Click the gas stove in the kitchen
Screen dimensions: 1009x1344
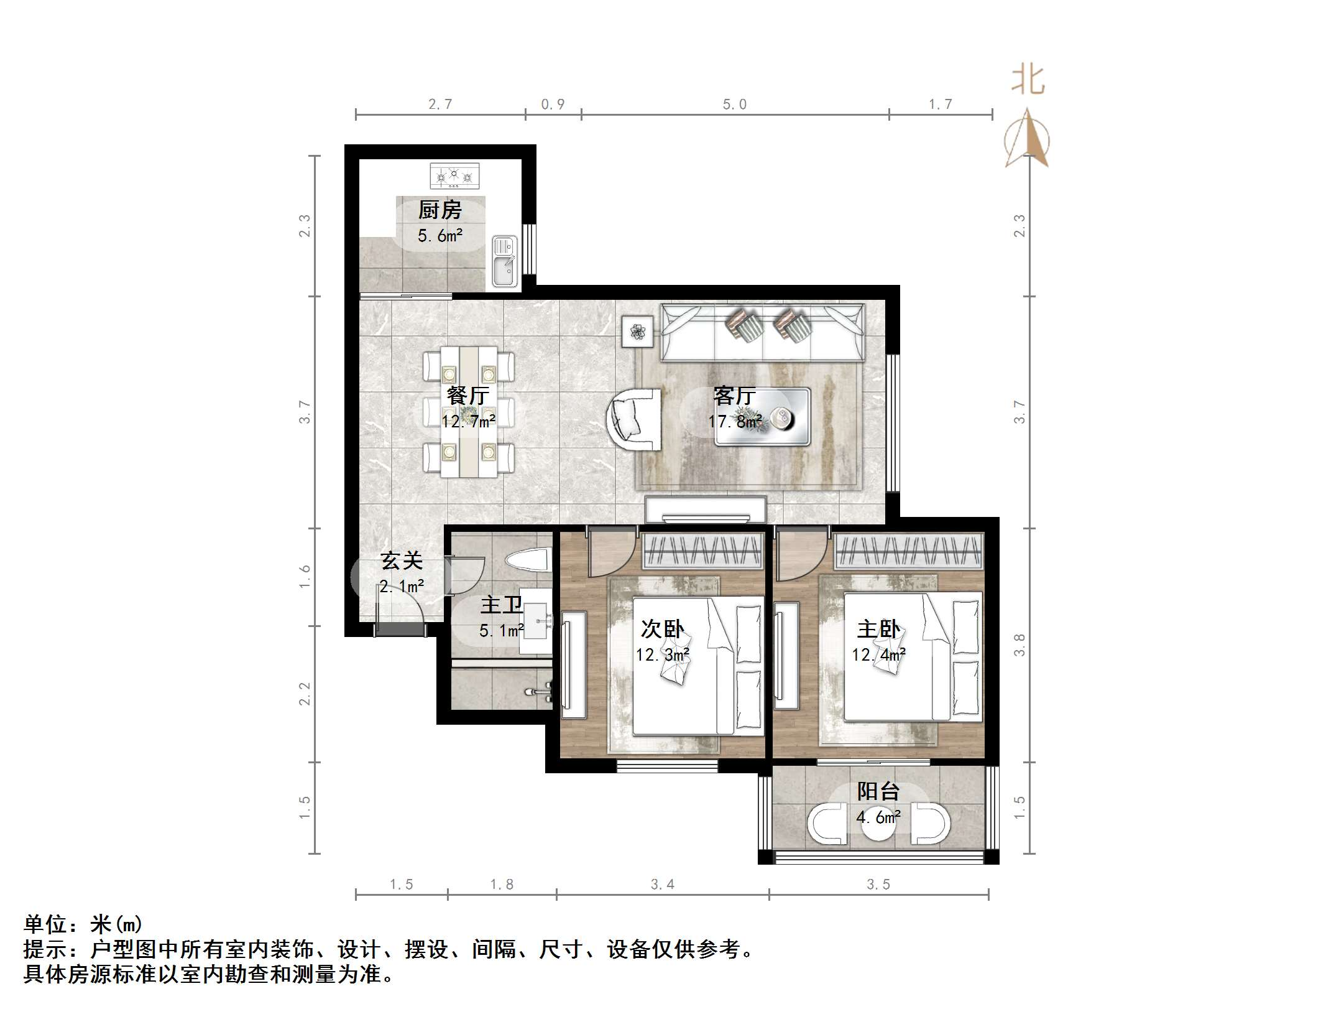[x=455, y=176]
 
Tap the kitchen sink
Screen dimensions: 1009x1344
[x=505, y=261]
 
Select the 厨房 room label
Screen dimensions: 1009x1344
[x=440, y=210]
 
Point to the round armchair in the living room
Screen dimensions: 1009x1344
[x=634, y=419]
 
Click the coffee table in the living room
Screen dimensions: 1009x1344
[x=762, y=417]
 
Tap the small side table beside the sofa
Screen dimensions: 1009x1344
[x=638, y=332]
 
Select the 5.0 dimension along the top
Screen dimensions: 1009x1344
[x=734, y=105]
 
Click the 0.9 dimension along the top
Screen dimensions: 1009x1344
[x=553, y=105]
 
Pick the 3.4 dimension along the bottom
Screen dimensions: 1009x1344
[x=662, y=884]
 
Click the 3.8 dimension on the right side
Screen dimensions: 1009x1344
[x=1019, y=645]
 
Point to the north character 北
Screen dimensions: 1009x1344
[x=1028, y=81]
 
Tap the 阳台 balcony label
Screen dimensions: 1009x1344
[x=878, y=791]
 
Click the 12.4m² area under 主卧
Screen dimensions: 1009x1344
[x=878, y=654]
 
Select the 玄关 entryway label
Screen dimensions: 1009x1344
[x=402, y=561]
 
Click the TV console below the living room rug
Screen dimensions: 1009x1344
[x=706, y=510]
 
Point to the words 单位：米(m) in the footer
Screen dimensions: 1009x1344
[x=83, y=924]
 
